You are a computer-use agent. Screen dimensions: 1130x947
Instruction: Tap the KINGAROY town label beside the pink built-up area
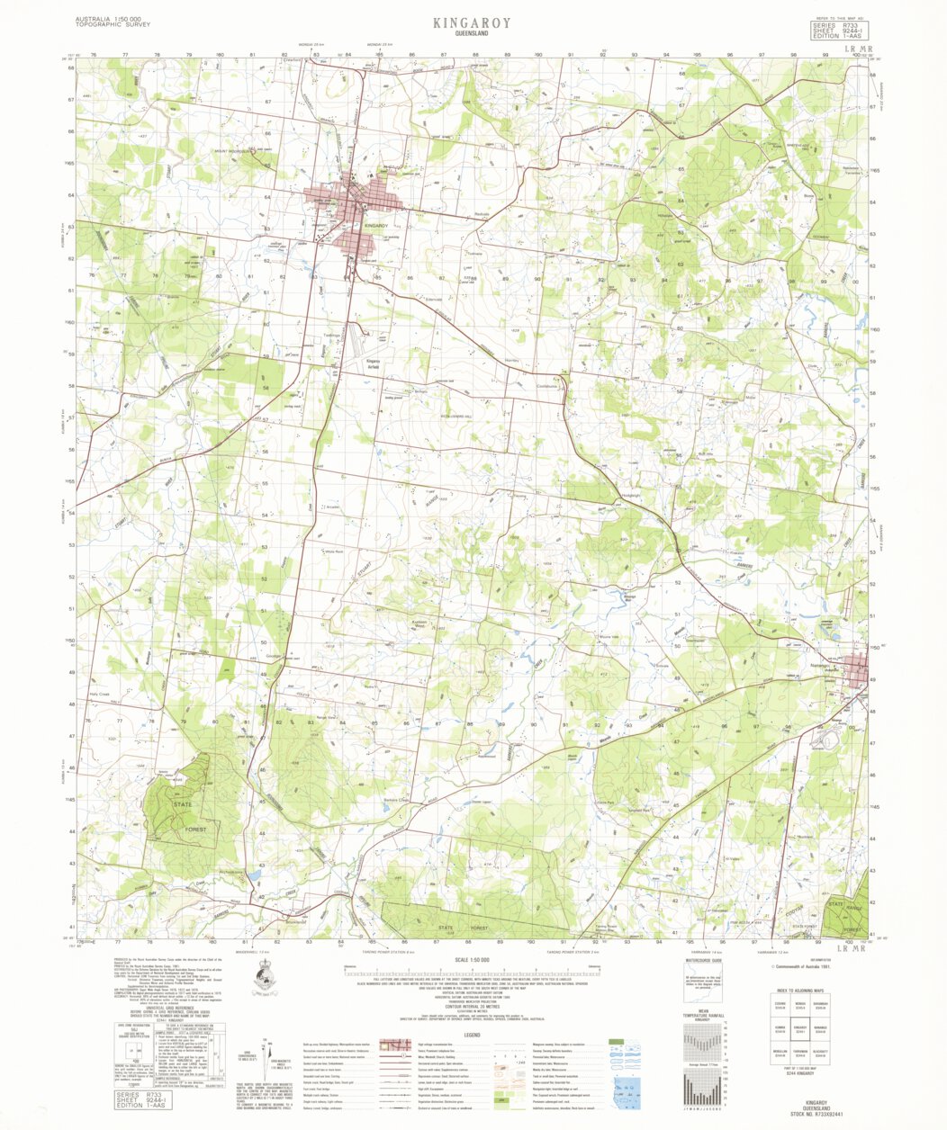375,225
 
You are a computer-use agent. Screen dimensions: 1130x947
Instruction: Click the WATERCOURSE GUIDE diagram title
703,962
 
